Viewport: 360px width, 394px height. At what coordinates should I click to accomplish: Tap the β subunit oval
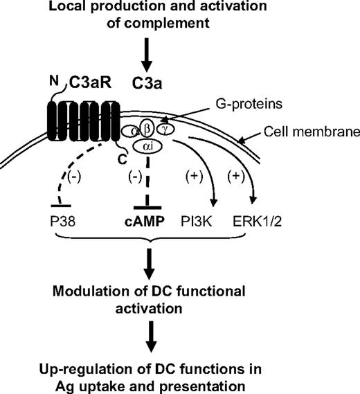pos(147,127)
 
